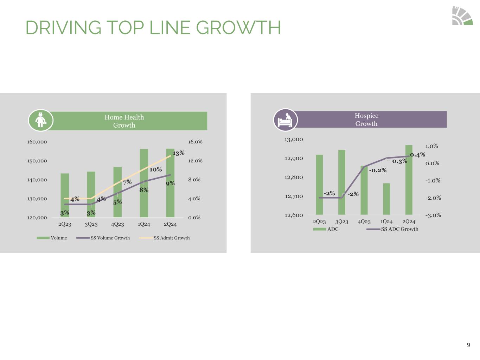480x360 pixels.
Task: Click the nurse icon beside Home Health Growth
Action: point(41,120)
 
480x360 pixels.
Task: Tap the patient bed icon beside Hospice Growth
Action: point(285,120)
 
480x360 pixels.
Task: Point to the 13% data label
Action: point(178,153)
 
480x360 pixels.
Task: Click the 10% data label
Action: point(155,169)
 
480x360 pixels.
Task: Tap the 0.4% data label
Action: point(417,155)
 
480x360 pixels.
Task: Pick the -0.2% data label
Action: point(378,170)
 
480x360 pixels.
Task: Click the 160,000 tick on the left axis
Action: point(37,142)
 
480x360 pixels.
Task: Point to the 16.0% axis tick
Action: point(195,142)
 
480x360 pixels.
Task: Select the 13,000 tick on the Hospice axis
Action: point(294,139)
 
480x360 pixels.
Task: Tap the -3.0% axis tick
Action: point(433,215)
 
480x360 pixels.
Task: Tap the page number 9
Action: point(468,345)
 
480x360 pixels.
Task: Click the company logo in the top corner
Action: point(462,16)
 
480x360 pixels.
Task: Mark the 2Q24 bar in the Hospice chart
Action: point(409,180)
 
